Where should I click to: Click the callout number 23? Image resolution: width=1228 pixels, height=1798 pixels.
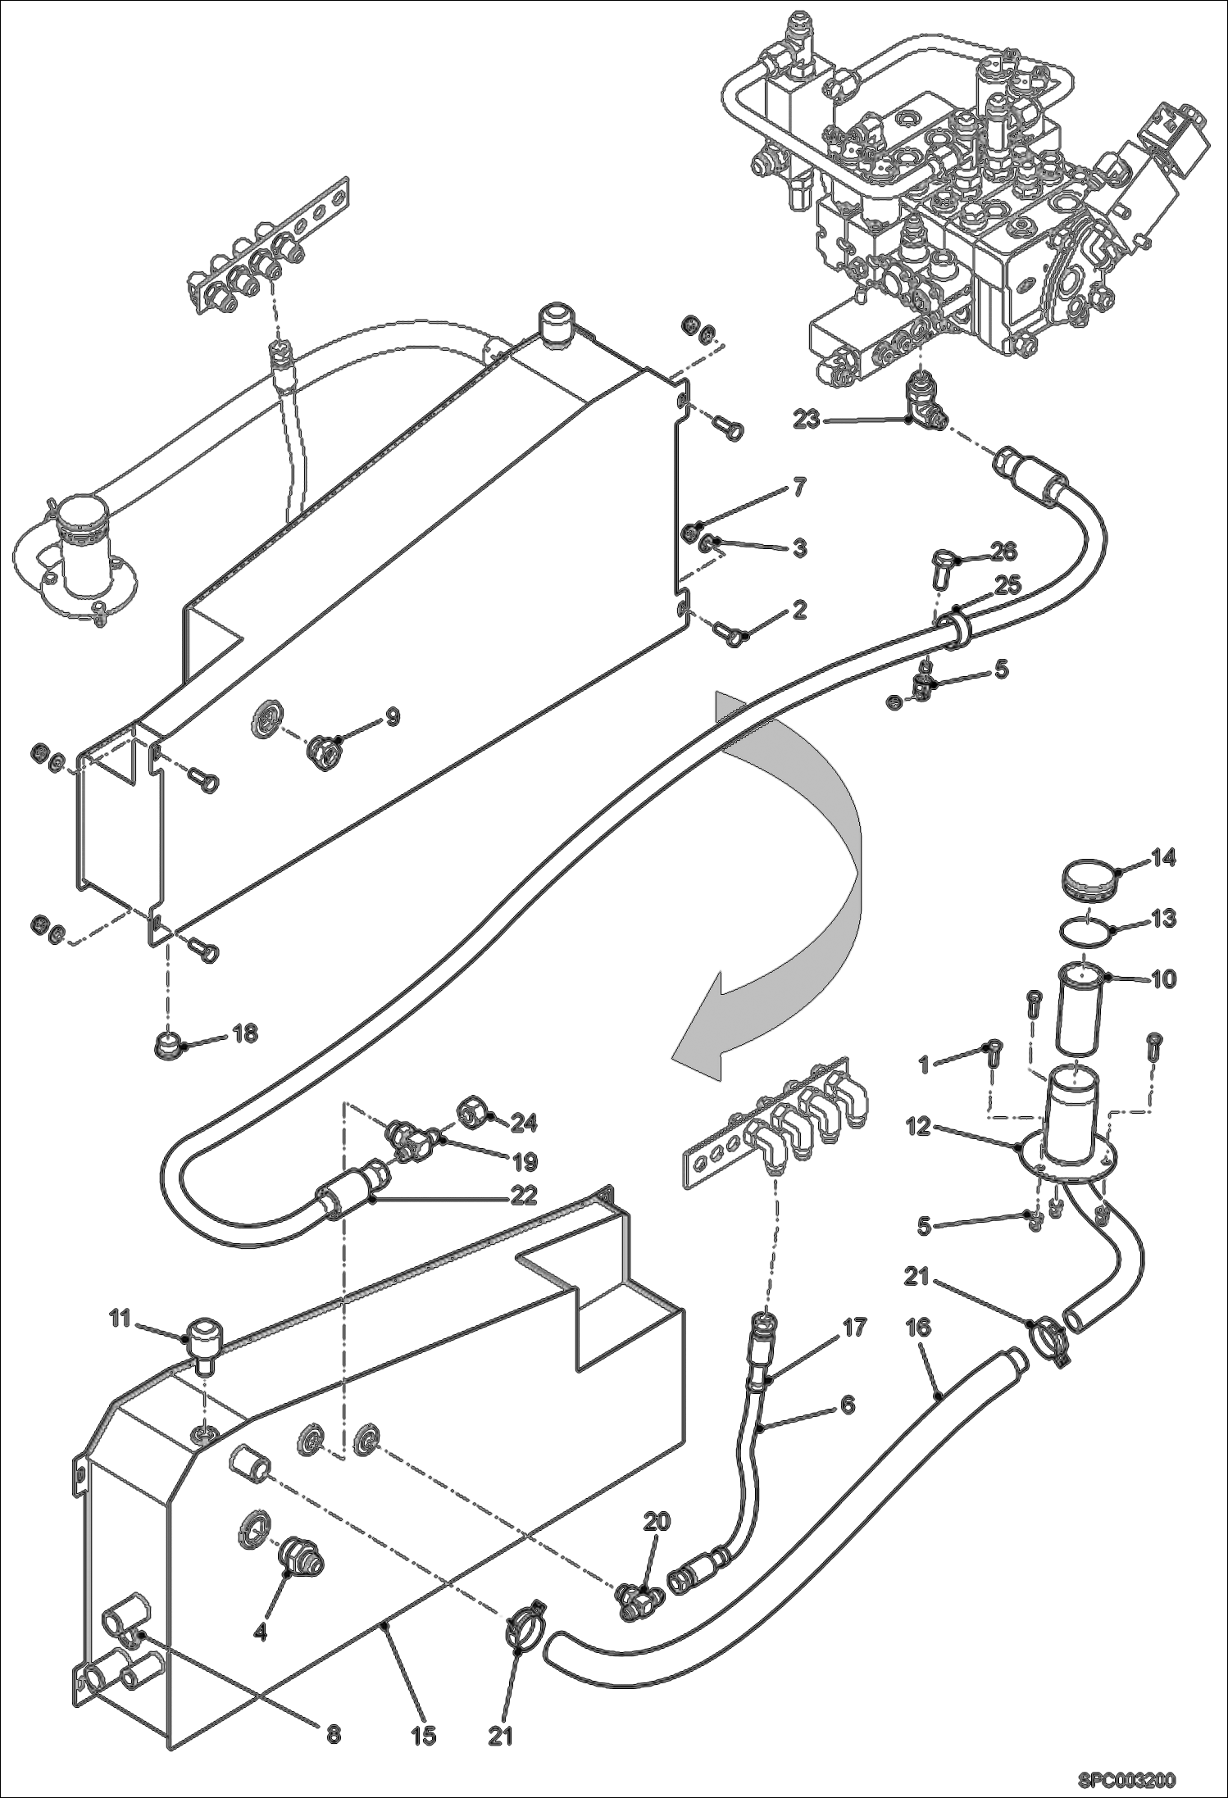(807, 420)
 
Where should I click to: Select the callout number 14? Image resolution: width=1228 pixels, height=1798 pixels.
(1162, 858)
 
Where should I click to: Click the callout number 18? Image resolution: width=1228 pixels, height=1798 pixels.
(244, 1033)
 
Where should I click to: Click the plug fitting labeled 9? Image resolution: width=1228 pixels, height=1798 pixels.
(325, 751)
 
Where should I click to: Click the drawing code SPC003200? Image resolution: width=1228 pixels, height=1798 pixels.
(1126, 1776)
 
